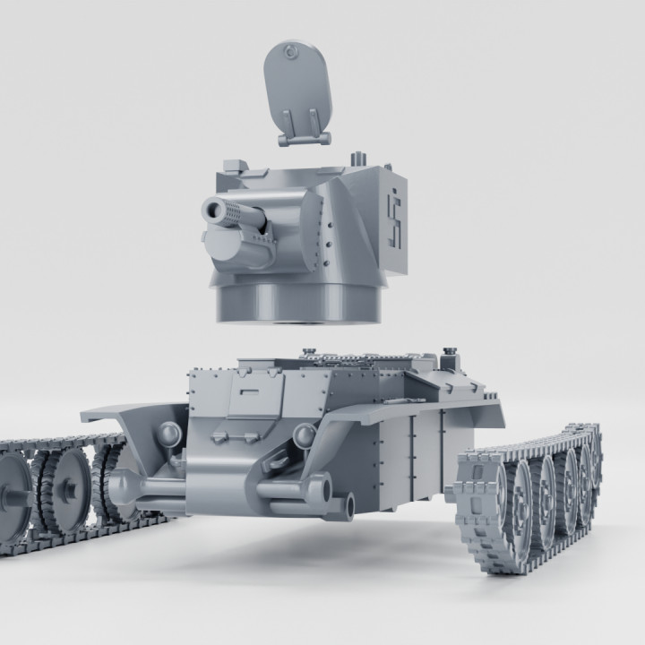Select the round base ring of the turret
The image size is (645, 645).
[296, 305]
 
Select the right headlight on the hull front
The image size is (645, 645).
[305, 435]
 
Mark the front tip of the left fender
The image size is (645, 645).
[85, 417]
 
